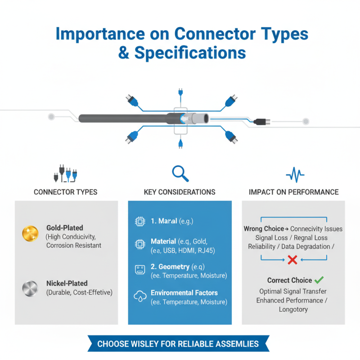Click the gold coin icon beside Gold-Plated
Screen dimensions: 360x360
click(29, 233)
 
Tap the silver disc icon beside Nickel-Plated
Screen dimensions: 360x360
click(29, 288)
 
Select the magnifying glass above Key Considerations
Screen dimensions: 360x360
click(180, 172)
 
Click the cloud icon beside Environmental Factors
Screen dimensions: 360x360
click(139, 297)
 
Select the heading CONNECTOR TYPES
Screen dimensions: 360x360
click(66, 192)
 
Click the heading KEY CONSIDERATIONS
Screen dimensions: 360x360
click(180, 192)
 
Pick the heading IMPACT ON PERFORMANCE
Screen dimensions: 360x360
click(293, 192)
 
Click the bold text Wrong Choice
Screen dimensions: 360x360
click(264, 229)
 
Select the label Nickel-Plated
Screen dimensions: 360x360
click(67, 283)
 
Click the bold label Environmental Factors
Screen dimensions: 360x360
click(184, 293)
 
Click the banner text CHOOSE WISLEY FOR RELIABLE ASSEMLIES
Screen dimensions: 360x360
click(178, 344)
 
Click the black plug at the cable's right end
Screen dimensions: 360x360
click(260, 121)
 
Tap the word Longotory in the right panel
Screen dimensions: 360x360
click(293, 309)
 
